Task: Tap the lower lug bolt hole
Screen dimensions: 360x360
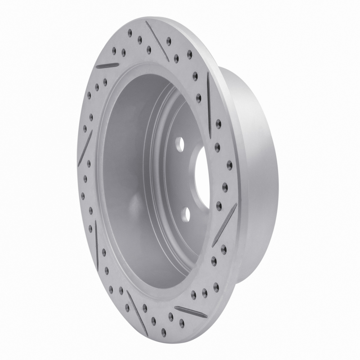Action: pos(185,213)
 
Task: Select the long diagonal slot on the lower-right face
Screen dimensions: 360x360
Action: pos(224,225)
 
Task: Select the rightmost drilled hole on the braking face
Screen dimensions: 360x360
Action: pos(229,162)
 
